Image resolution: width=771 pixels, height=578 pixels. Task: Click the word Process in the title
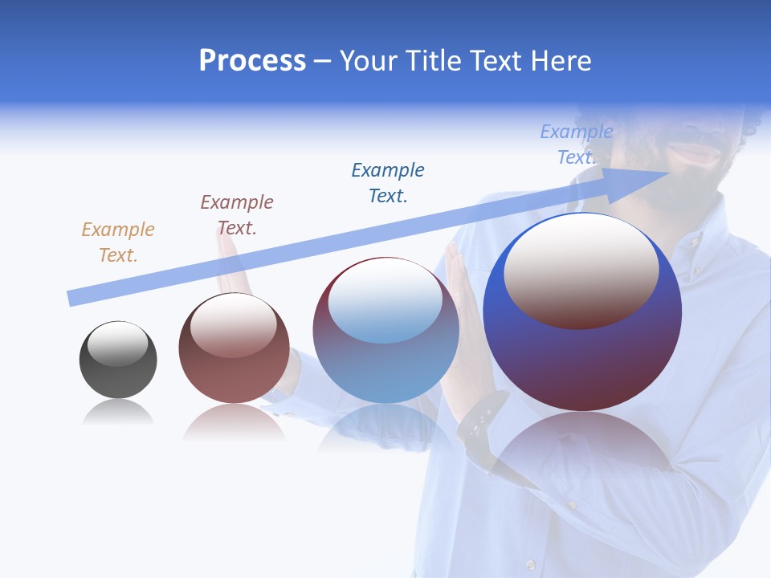click(252, 61)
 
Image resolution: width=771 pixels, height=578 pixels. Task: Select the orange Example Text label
click(118, 242)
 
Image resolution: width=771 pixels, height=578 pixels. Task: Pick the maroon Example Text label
click(237, 214)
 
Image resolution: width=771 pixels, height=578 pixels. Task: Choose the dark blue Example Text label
click(388, 182)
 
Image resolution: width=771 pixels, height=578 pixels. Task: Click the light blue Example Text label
click(576, 144)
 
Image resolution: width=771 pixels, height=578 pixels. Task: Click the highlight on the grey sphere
click(117, 344)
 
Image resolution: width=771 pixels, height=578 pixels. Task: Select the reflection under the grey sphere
click(117, 413)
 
